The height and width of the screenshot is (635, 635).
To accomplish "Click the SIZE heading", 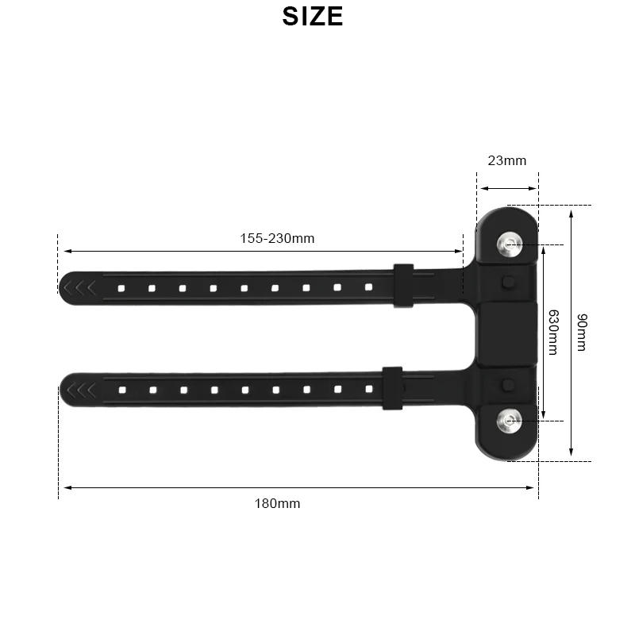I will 313,17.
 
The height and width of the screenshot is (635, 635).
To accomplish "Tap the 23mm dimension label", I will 506,160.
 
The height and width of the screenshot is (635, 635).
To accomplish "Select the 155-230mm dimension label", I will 277,238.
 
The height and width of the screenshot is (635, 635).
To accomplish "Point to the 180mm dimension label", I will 277,503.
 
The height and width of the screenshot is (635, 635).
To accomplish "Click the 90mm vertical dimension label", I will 582,333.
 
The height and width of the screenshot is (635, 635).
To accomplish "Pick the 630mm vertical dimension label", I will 553,332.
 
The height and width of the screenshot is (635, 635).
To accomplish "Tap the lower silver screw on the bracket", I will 508,420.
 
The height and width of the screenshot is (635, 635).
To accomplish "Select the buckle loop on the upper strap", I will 403,285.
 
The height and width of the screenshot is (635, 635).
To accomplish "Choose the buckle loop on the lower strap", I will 392,387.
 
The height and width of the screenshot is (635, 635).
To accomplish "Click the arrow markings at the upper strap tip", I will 80,287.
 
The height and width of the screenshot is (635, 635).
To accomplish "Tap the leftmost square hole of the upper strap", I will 121,288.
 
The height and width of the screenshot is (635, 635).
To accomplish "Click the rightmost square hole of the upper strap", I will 368,287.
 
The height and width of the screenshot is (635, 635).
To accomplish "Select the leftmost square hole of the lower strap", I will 121,390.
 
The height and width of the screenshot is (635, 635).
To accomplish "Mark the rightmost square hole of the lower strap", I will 368,389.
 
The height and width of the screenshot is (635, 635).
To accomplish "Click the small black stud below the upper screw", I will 508,282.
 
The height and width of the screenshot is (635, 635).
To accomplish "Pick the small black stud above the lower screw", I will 508,385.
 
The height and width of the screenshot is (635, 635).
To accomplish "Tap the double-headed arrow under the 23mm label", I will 507,189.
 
